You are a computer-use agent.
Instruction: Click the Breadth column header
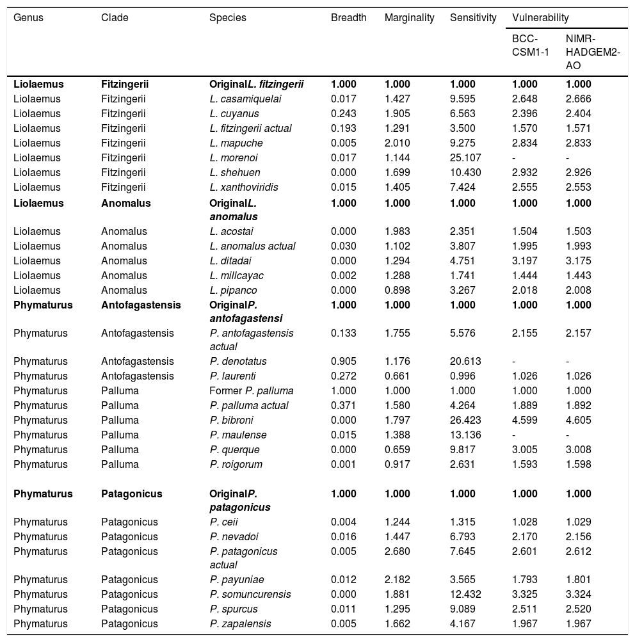tap(348, 18)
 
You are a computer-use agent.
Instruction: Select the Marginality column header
tap(409, 18)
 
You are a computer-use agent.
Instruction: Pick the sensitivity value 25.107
tap(465, 157)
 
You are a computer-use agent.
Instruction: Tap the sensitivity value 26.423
tap(465, 420)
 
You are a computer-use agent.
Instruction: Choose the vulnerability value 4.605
tap(579, 420)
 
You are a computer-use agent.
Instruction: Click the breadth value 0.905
tap(343, 361)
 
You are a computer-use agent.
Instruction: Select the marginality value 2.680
tap(397, 551)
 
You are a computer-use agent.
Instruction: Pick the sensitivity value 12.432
tap(465, 594)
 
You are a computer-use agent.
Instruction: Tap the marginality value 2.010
tap(397, 143)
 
